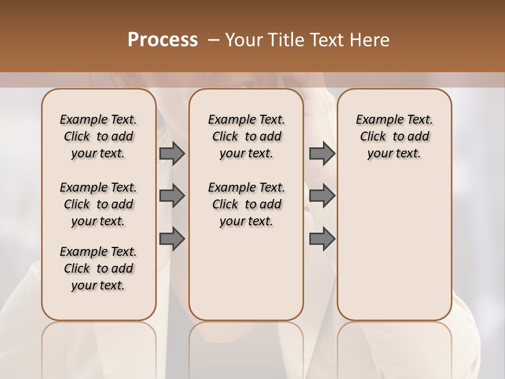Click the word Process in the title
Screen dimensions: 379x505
163,39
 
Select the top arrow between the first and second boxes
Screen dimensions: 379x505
172,154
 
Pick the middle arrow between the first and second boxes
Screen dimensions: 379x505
172,196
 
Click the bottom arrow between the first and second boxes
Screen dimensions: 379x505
172,239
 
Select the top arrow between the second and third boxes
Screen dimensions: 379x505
322,154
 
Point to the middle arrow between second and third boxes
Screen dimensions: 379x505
322,196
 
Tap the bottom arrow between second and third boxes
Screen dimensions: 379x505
322,239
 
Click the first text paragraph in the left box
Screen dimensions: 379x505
98,136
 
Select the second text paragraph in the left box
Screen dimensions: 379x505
98,204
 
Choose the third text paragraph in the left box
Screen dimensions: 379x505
98,268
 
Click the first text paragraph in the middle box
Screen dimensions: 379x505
247,136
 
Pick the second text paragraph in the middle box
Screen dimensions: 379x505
247,204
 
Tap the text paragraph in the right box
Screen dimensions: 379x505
395,136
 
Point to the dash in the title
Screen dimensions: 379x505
214,40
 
